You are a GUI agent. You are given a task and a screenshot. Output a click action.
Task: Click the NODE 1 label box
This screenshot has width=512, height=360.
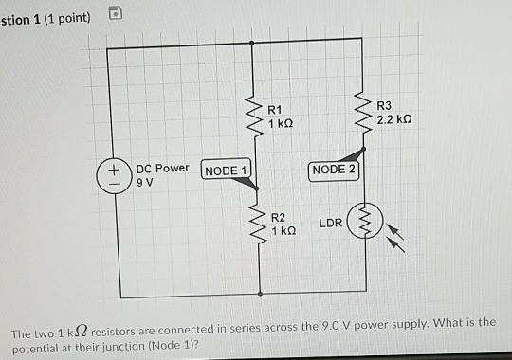click(x=227, y=171)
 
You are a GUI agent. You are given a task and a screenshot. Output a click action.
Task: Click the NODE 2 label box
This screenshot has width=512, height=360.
click(x=334, y=170)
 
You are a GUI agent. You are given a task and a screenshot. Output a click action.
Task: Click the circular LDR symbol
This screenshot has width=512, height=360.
click(x=363, y=224)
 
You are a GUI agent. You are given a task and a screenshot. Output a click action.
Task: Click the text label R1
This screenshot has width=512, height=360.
click(x=275, y=109)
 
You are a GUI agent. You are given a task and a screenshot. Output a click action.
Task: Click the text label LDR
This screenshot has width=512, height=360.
click(x=330, y=224)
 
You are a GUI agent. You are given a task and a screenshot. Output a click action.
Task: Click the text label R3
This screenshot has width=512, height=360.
click(x=383, y=106)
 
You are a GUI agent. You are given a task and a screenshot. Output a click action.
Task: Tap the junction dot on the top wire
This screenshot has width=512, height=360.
click(x=251, y=42)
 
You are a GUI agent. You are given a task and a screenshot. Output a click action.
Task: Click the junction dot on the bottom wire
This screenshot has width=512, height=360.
click(x=252, y=297)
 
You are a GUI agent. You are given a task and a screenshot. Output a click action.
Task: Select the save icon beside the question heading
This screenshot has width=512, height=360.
click(x=114, y=12)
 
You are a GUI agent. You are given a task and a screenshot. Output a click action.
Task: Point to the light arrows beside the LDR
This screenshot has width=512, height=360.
click(x=401, y=237)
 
